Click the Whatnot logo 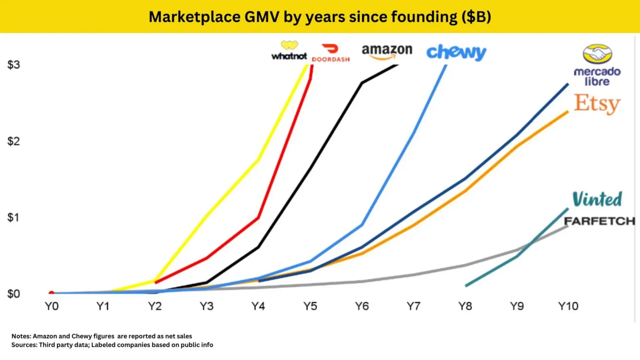pos(289,51)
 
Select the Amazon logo pos(387,52)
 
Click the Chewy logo pos(456,52)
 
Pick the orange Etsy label pos(597,103)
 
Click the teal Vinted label pos(597,199)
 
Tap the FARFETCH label pos(599,221)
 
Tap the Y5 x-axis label pos(309,307)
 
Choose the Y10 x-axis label pos(568,307)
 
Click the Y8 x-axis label pos(464,307)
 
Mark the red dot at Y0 pos(51,293)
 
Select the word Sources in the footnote pos(23,345)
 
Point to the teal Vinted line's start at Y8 pos(466,285)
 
